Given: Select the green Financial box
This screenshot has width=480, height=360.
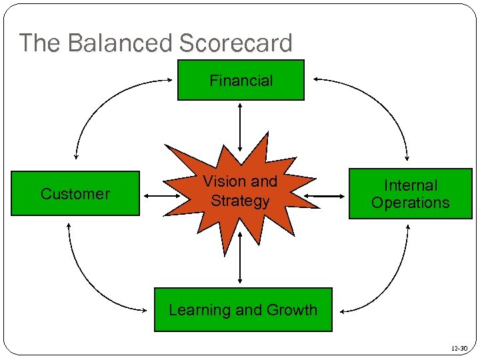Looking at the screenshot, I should tap(241, 81).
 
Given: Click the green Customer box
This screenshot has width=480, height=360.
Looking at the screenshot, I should tap(75, 194).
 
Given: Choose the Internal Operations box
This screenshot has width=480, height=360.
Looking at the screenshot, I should tap(410, 194).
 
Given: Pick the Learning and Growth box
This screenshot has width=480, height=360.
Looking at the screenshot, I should tap(243, 310).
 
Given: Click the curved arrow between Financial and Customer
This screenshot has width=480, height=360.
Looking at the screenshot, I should tap(100, 100).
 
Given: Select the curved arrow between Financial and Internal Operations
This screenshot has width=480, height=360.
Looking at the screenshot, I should tap(383, 100).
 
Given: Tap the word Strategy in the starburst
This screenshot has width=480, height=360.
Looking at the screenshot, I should tap(240, 201).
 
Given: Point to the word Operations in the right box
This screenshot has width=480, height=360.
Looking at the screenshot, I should tap(410, 203).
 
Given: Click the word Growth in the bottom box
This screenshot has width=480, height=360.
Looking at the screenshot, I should tap(292, 310).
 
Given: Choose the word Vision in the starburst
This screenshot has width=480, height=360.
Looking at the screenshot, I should tap(223, 181).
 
